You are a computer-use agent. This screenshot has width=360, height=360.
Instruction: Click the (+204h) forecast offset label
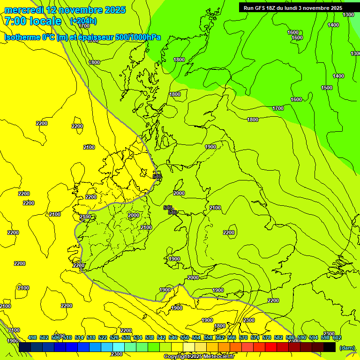tap(83, 21)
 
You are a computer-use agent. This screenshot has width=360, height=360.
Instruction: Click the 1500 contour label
tap(327, 88)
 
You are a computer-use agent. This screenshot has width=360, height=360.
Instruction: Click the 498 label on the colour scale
tap(32, 337)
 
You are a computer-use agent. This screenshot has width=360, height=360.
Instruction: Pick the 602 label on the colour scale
tap(337, 337)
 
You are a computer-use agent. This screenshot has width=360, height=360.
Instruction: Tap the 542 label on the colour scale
tap(161, 337)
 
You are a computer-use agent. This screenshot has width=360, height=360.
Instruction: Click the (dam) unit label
tap(347, 348)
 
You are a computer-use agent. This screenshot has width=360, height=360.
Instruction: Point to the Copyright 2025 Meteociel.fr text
tap(198, 357)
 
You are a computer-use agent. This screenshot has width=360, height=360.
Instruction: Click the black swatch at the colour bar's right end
tap(330, 347)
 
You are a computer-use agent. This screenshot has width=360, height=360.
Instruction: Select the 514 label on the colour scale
tap(79, 337)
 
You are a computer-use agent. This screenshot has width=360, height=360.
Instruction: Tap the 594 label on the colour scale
tap(314, 337)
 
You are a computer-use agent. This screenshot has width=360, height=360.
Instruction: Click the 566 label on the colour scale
tap(232, 337)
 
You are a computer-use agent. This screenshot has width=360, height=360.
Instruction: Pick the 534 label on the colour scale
tap(138, 337)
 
